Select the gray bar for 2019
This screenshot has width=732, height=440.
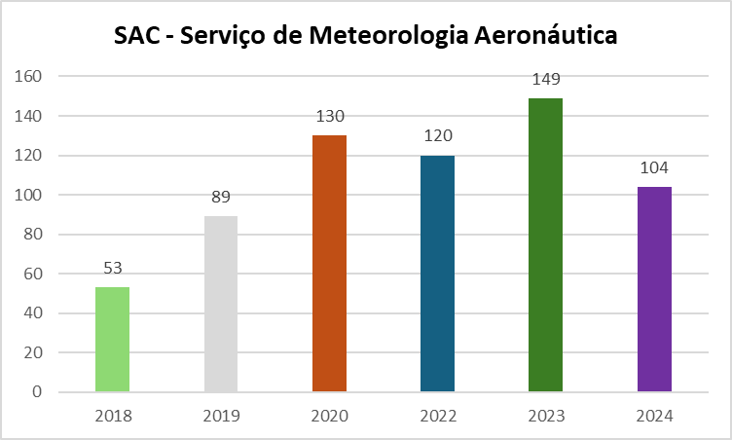pos(221,304)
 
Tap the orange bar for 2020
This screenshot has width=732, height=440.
pos(329,264)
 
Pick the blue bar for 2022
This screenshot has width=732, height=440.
pos(437,274)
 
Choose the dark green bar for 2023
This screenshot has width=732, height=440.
pos(545,245)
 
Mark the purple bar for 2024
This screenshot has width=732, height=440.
pos(654,289)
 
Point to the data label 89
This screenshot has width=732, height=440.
pos(221,198)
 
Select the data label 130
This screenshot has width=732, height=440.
pos(330,117)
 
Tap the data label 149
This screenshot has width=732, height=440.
pos(546,79)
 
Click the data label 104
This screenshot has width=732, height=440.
pos(654,168)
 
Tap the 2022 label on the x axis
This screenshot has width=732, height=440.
pos(438,416)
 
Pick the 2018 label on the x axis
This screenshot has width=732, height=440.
pos(113,416)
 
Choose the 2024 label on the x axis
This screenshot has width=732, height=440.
pos(654,416)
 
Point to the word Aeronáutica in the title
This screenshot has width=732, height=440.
pos(547,36)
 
